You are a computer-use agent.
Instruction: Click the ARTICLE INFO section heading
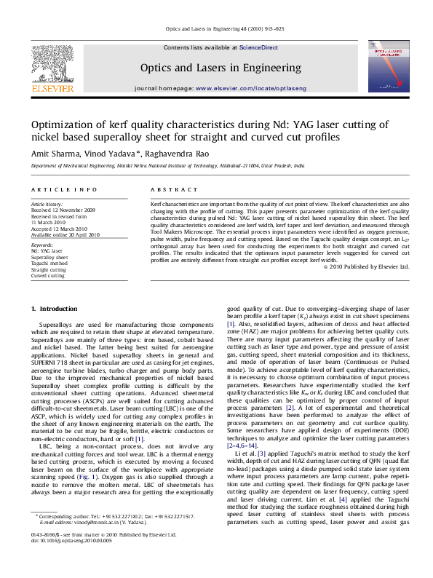[x=64, y=189]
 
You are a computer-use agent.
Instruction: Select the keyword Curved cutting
[x=47, y=276]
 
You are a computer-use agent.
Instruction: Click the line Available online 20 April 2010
[x=65, y=235]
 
